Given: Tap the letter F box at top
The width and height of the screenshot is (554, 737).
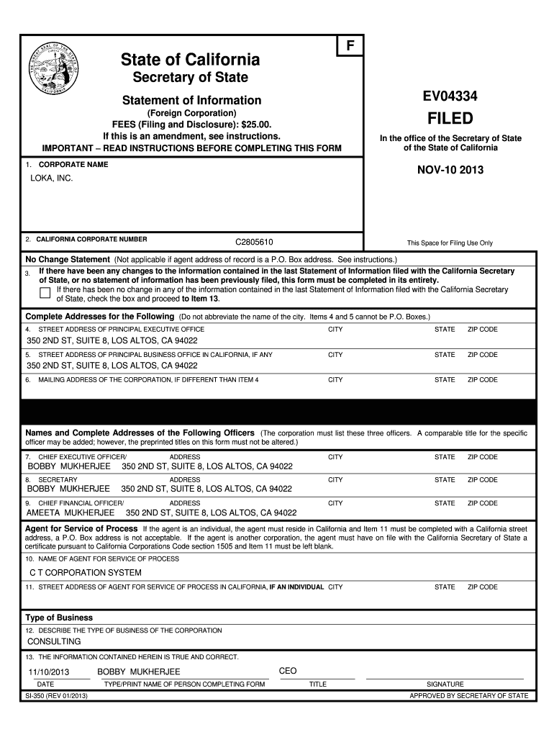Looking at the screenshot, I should pos(351,45).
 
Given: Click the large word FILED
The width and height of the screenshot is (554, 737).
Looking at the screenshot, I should pos(451,118).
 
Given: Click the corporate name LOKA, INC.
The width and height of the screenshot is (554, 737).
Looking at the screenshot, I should pos(51,177).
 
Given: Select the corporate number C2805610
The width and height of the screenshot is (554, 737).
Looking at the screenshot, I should pos(254,242).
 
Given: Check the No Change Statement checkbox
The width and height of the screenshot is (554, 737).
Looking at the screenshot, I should pos(45,292).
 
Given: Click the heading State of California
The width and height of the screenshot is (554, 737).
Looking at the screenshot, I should pos(190,59).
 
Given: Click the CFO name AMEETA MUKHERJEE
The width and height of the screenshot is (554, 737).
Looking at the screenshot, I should pos(71,513).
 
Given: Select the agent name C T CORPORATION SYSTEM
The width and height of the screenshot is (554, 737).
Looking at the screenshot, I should pos(85,573).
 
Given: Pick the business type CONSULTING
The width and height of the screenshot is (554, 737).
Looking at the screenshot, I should pos(54,641).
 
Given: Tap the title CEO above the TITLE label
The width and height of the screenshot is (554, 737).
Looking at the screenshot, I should pos(288,671).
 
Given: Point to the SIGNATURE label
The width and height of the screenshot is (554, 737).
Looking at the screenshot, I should pos(445,684).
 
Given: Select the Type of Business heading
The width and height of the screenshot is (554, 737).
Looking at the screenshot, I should pos(59,618).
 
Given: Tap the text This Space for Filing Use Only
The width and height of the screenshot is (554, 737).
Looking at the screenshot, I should pos(450,243).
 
